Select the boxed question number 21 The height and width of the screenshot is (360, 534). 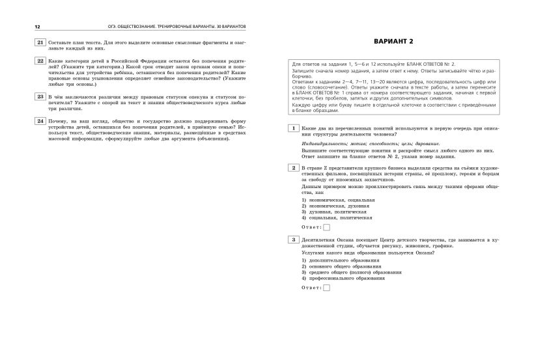pyautogui.click(x=40, y=42)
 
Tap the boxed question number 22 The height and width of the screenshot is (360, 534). pyautogui.click(x=40, y=61)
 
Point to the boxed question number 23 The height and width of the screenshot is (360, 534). pyautogui.click(x=40, y=96)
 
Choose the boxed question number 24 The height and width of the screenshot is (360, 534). pyautogui.click(x=40, y=120)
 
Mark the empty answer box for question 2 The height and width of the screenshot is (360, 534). pyautogui.click(x=327, y=227)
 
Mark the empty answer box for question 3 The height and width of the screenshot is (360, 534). pyautogui.click(x=327, y=287)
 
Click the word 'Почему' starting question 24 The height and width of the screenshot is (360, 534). pyautogui.click(x=58, y=120)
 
